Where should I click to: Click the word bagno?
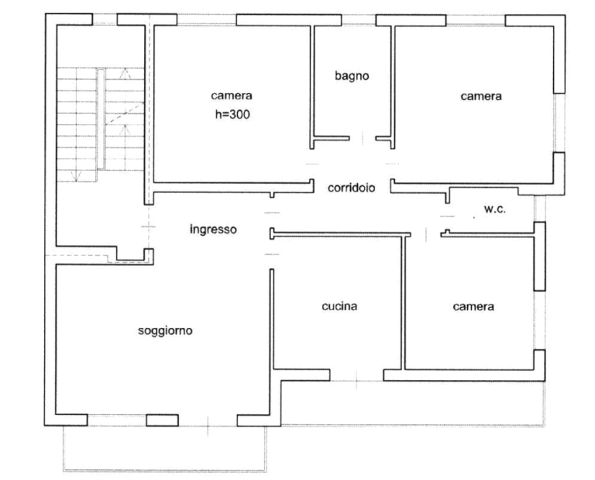[352, 76]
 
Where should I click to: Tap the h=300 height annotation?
[232, 114]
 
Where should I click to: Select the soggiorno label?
[165, 331]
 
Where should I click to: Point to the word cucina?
[339, 306]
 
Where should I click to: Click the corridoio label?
[352, 188]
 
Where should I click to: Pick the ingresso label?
[213, 230]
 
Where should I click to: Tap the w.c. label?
[495, 209]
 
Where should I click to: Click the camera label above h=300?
[232, 95]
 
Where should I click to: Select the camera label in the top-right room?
[481, 96]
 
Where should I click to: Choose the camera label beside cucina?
[473, 306]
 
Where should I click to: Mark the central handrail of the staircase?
[101, 119]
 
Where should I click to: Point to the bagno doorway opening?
[363, 139]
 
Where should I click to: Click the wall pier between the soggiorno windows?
[163, 420]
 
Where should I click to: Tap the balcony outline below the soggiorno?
[165, 471]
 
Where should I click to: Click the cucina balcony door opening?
[356, 380]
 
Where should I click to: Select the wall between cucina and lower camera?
[403, 302]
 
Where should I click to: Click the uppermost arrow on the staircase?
[124, 74]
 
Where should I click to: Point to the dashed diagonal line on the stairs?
[125, 113]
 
